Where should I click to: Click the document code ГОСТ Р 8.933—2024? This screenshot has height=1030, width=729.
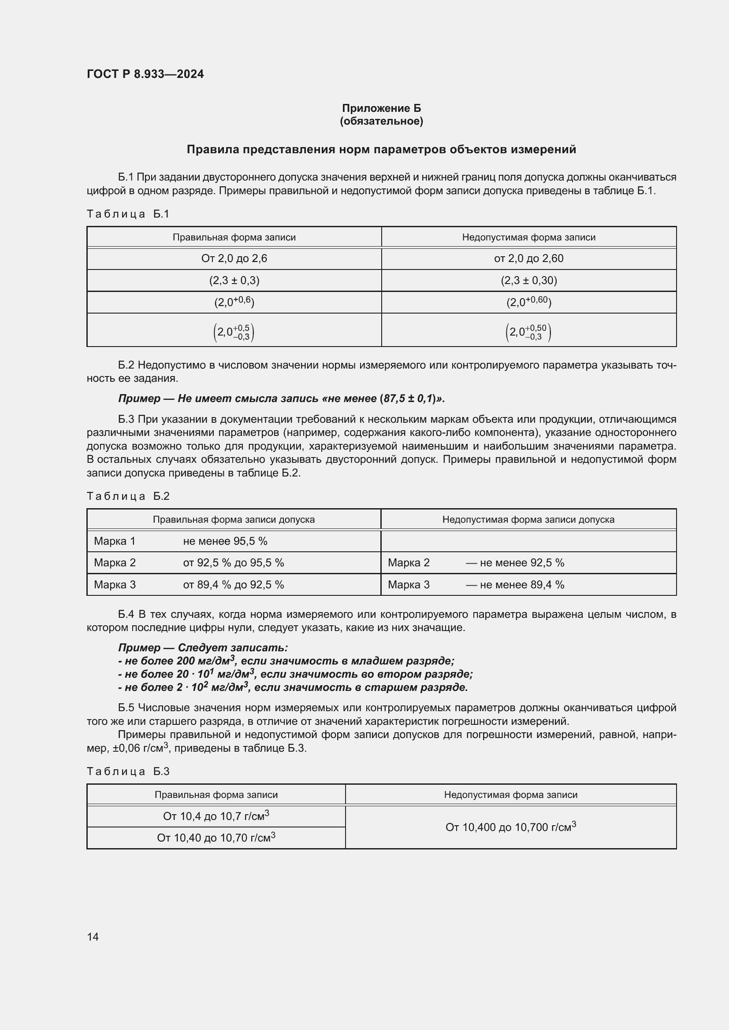coord(145,74)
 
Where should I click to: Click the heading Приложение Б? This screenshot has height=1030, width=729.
coord(381,108)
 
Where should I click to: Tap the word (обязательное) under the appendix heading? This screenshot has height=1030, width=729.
coord(381,121)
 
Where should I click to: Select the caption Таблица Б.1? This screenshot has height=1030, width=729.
coord(128,214)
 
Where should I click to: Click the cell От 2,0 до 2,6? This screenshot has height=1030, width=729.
coord(234,258)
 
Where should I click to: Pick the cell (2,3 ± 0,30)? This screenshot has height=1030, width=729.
coord(528,281)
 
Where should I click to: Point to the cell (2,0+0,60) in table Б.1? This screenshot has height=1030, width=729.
coord(528,302)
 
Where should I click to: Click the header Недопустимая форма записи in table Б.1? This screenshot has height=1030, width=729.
coord(528,237)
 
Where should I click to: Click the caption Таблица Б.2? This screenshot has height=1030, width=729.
coord(128,496)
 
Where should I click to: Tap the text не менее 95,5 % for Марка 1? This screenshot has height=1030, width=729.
coord(225,541)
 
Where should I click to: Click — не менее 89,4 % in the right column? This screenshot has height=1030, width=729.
coord(515,584)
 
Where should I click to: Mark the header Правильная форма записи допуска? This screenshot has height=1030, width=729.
coord(234,520)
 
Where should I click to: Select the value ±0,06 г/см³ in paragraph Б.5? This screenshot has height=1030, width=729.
coord(140,748)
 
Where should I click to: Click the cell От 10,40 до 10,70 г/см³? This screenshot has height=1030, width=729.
coord(216,838)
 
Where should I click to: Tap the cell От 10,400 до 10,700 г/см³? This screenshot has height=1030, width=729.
coord(510,827)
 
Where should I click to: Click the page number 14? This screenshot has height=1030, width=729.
coord(93,937)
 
